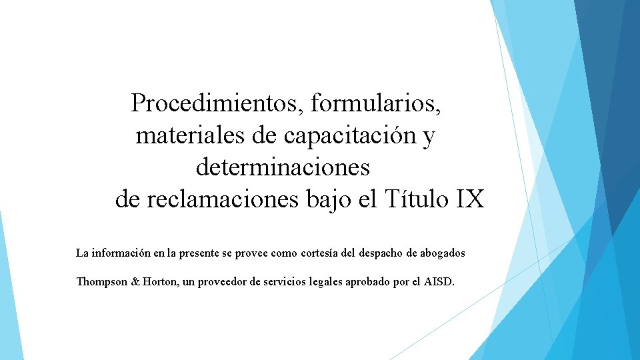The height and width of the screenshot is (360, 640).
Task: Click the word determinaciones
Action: [x=283, y=167]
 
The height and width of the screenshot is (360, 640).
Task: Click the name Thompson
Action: [x=101, y=281]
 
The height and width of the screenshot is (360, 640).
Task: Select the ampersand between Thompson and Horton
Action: [x=135, y=281]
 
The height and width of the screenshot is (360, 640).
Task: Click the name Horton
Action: [x=159, y=281]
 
